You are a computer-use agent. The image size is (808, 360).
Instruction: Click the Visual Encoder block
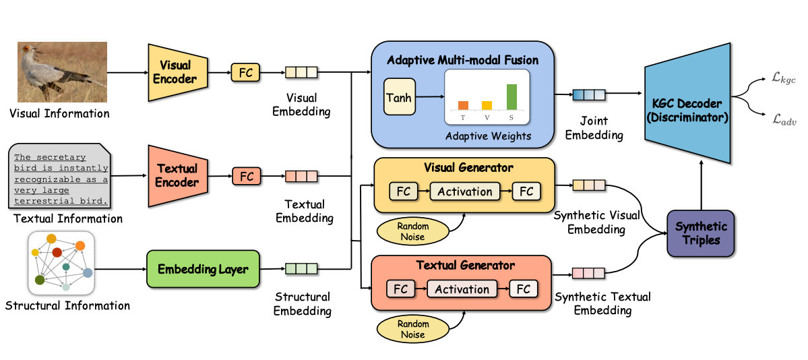[174, 72]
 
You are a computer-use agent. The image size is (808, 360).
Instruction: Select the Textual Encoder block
[177, 175]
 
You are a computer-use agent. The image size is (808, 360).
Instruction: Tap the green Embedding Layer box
[202, 269]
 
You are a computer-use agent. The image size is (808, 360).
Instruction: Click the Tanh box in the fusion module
[398, 98]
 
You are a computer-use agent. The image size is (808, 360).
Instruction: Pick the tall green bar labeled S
[511, 96]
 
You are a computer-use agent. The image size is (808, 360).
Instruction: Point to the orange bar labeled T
[463, 105]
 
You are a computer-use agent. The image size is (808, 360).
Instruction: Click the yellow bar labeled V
[487, 105]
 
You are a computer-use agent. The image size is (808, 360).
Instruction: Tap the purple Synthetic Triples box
[701, 233]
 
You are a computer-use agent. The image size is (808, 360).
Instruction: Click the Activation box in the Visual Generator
[464, 191]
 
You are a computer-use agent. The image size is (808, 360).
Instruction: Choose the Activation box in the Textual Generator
[462, 289]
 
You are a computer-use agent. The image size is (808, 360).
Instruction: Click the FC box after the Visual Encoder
[245, 71]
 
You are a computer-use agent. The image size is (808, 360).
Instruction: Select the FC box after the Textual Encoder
[247, 177]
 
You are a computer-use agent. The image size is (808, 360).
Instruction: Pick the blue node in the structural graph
[87, 272]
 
